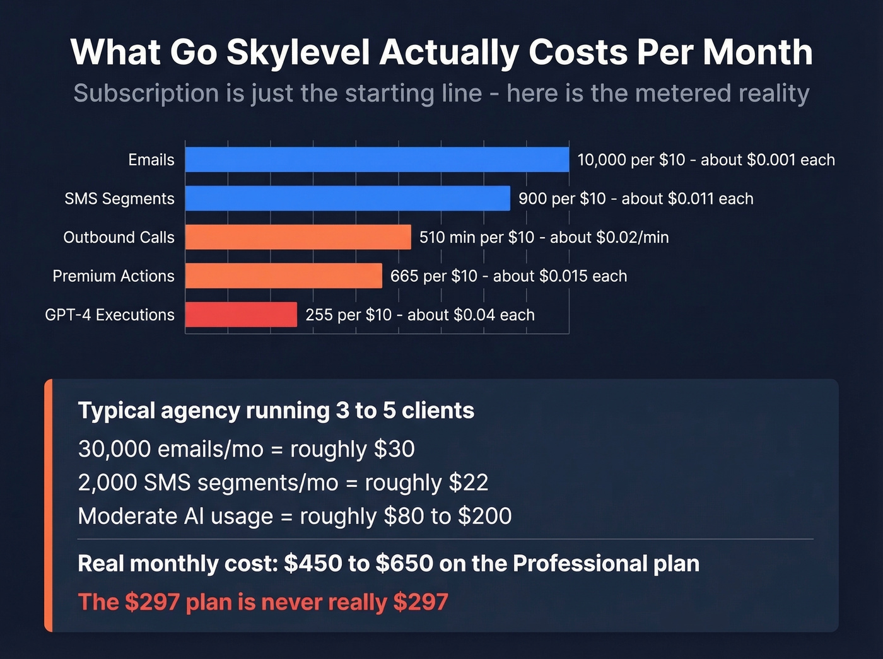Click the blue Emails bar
coord(377,160)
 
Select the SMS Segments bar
coord(347,198)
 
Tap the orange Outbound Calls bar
coord(298,237)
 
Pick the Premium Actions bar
coord(283,276)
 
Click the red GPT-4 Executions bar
coord(241,315)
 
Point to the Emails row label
coord(151,160)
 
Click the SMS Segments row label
coord(119,199)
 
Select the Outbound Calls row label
coord(119,237)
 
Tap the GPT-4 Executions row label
coord(110,315)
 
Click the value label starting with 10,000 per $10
coord(706,160)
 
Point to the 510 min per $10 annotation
coord(544,238)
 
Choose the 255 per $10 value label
coord(419,315)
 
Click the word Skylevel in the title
coord(298,52)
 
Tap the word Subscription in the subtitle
coord(146,93)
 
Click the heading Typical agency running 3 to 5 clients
coord(276,411)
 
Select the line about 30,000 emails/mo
coord(246,449)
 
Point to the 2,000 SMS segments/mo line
coord(283,482)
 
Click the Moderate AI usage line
coord(295,516)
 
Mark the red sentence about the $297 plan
coord(263,602)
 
